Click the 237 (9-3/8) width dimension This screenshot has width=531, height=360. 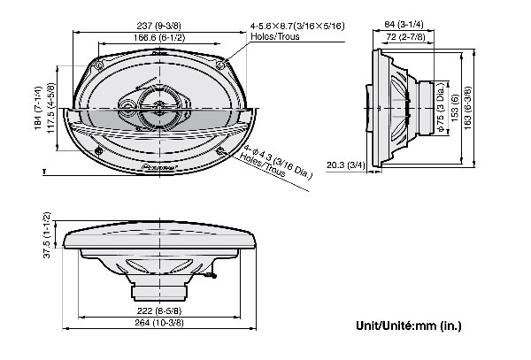click(x=148, y=26)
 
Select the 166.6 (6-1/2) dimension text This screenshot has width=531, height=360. click(x=148, y=37)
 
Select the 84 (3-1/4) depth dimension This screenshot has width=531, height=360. click(x=396, y=25)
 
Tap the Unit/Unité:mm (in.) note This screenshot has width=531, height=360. click(x=408, y=326)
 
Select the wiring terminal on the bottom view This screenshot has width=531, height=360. click(x=208, y=278)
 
